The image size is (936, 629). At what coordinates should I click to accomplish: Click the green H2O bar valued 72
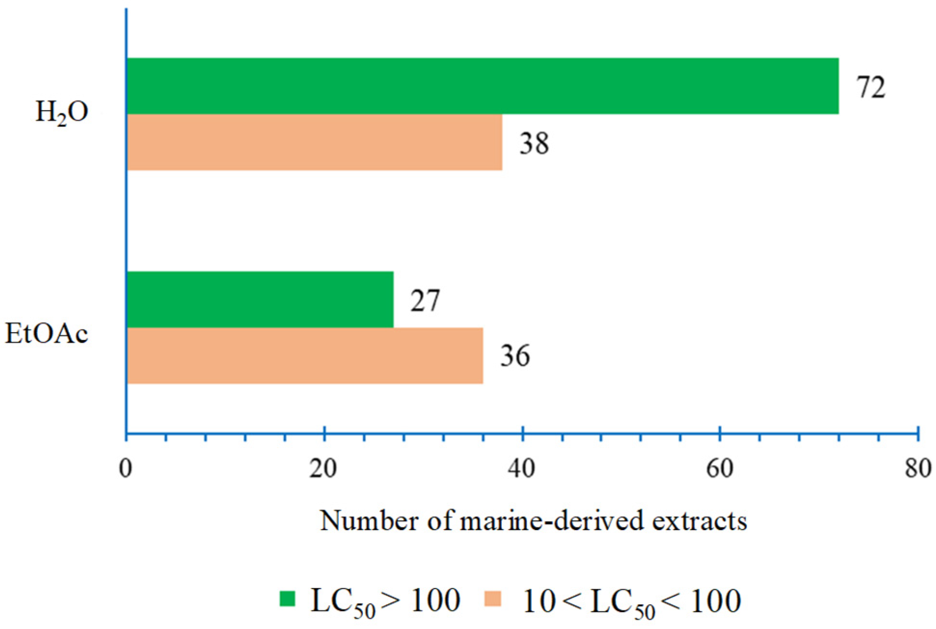tap(482, 86)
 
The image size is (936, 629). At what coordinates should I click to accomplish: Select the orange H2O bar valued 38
tap(314, 142)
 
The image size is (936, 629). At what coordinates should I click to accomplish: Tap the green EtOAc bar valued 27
tap(259, 299)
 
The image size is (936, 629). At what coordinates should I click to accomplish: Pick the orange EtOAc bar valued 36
tap(304, 355)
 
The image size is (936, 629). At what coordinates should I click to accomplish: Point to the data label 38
tap(534, 144)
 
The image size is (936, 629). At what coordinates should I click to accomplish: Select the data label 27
tap(425, 301)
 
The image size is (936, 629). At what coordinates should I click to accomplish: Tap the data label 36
tap(515, 356)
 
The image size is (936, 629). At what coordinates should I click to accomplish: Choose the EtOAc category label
tap(47, 334)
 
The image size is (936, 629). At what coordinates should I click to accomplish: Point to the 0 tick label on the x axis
tap(126, 468)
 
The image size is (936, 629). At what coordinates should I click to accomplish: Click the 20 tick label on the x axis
tap(323, 468)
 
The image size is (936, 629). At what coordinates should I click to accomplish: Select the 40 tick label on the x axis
tap(522, 468)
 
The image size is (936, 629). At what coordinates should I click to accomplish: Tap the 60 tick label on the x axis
tap(720, 468)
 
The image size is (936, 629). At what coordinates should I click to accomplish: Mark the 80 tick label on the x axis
tap(918, 468)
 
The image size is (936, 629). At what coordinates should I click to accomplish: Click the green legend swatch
tap(288, 598)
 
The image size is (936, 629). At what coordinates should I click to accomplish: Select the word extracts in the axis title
tap(699, 520)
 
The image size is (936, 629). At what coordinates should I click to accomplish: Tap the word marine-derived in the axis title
tap(552, 520)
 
